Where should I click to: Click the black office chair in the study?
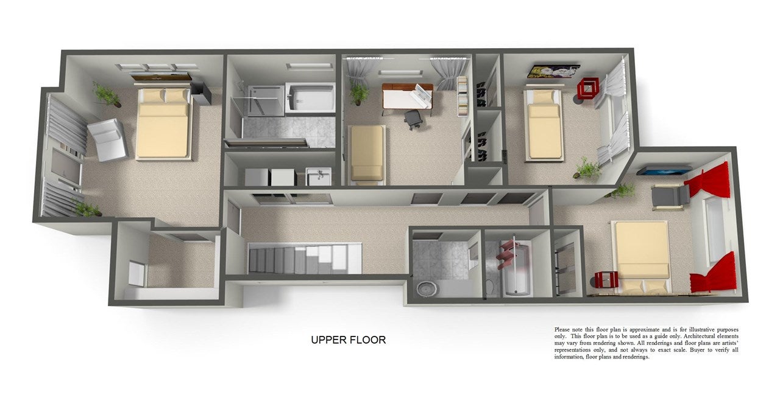point(414,119)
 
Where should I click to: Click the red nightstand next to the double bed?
point(606,280)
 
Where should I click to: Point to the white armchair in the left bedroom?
point(107,140)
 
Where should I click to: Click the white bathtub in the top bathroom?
point(310,98)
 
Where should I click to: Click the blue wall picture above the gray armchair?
point(664,171)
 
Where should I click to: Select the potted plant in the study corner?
point(358,91)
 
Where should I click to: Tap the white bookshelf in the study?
point(462,96)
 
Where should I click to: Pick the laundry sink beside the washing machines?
point(319,176)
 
